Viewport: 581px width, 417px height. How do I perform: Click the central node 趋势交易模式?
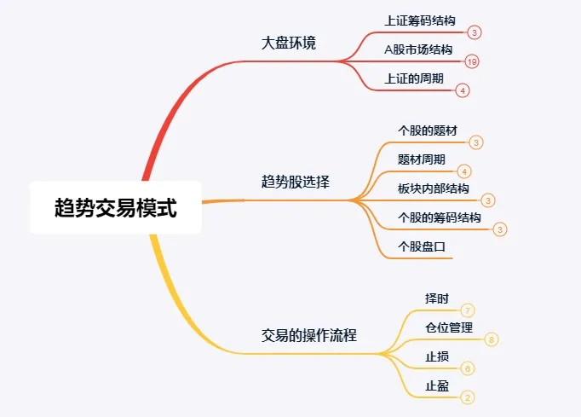[115, 207]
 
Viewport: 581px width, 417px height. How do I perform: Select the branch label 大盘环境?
[289, 43]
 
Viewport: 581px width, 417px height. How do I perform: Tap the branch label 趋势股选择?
[296, 182]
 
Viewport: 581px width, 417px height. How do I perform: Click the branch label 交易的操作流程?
[308, 335]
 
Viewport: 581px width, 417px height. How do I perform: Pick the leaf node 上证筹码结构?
[420, 20]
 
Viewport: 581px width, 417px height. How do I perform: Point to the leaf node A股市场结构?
[418, 49]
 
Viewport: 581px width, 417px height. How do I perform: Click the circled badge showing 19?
[472, 61]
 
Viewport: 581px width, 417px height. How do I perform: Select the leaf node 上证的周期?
[414, 78]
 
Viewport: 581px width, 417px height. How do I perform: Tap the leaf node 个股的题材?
[427, 131]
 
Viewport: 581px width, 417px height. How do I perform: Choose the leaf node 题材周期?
[421, 159]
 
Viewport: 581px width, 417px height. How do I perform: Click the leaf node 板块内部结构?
[433, 188]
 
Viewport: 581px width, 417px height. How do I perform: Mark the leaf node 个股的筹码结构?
[439, 217]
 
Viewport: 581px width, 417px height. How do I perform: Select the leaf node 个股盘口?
[422, 246]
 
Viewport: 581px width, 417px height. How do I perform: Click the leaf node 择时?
[436, 298]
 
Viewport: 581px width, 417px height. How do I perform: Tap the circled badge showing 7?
[468, 310]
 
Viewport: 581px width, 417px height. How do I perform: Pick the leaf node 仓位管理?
[448, 327]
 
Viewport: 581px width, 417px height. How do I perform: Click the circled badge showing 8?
[492, 339]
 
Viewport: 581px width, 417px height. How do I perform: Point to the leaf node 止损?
[436, 356]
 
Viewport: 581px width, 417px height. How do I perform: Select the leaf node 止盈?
[436, 385]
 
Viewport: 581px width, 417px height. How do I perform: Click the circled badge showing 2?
[467, 397]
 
